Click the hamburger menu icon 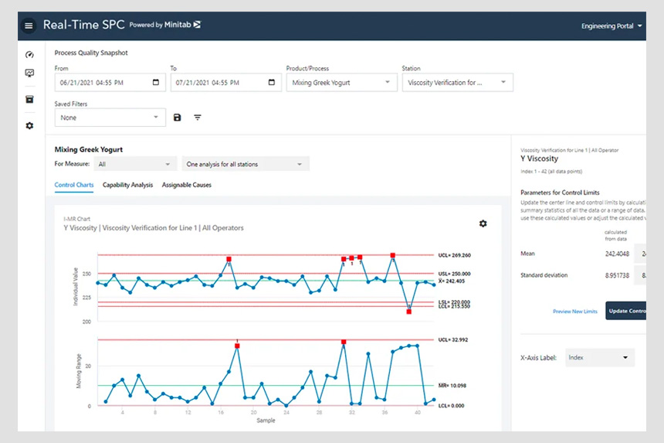tap(29, 26)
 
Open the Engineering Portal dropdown tap(612, 26)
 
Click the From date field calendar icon tap(156, 83)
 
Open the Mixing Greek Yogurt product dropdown tap(340, 83)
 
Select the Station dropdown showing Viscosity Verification tap(457, 83)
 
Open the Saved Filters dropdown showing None tap(110, 118)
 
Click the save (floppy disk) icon tap(178, 118)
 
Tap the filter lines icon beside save tap(198, 118)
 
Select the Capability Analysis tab tap(127, 185)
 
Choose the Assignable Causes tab tap(186, 185)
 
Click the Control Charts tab tap(74, 185)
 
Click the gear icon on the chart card tap(483, 223)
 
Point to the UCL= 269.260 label tap(454, 255)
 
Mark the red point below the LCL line tap(409, 311)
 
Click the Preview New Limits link tap(574, 312)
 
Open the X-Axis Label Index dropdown tap(599, 358)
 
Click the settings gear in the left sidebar tap(29, 125)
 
